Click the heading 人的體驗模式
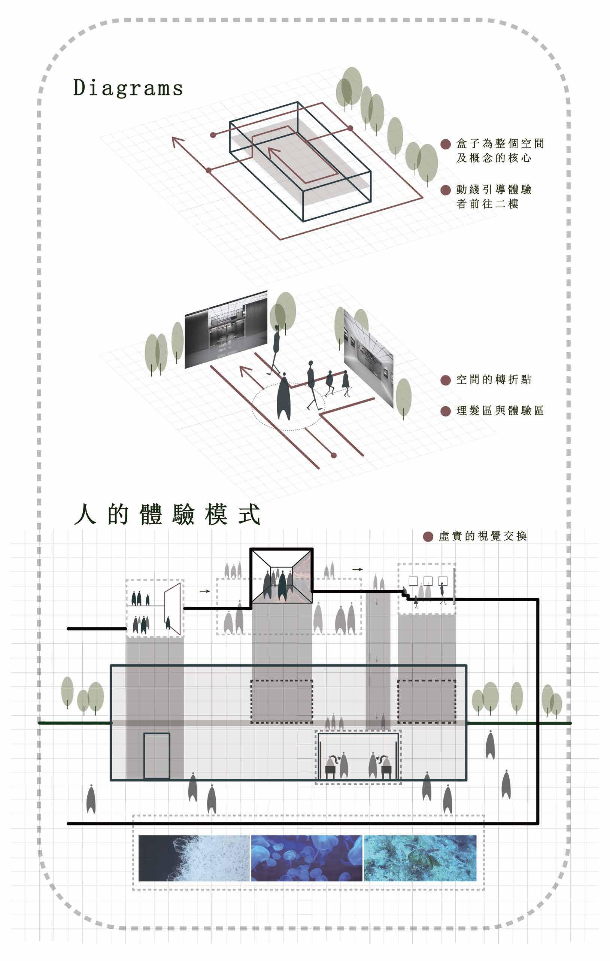[x=167, y=515]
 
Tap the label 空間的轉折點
[x=494, y=379]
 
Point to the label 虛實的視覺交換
[x=483, y=536]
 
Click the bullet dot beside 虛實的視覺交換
[x=428, y=536]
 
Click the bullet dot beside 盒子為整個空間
[x=446, y=144]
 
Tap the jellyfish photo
[x=306, y=858]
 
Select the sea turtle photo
[x=420, y=858]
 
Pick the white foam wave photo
[x=194, y=858]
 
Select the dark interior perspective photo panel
[x=226, y=330]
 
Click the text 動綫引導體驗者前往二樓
[x=494, y=197]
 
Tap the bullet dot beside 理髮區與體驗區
[x=446, y=411]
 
